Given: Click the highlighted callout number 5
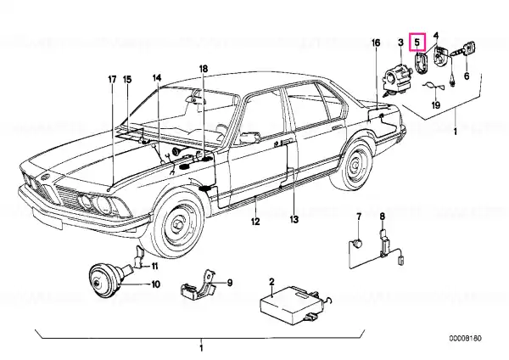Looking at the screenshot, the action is (x=417, y=42).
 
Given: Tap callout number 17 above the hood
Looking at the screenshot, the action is (x=112, y=80).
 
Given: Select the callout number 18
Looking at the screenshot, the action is (x=204, y=69).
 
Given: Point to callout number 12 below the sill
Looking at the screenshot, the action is (x=255, y=222).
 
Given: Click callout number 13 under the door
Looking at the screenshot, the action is (x=294, y=220).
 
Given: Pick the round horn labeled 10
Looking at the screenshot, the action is (x=105, y=282).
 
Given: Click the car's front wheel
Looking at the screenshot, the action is (x=178, y=224).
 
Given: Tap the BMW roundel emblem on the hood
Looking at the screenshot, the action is (x=43, y=177).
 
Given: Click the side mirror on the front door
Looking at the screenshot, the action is (x=249, y=137).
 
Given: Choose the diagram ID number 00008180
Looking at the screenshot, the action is (x=466, y=338).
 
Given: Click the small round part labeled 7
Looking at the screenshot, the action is (x=358, y=243).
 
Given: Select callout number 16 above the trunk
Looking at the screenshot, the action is (x=376, y=43).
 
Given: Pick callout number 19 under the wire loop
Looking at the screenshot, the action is (x=436, y=105).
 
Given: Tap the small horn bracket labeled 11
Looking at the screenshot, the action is (x=140, y=256).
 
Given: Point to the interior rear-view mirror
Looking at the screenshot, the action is (x=196, y=99).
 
